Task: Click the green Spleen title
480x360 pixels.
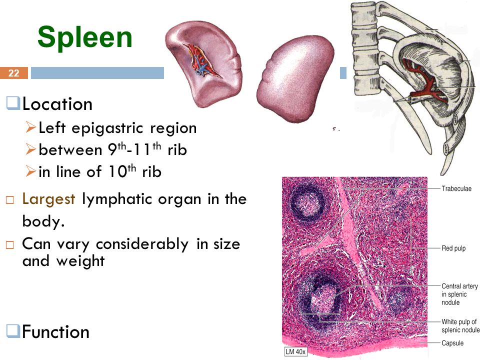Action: click(85, 37)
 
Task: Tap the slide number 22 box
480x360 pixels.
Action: click(14, 73)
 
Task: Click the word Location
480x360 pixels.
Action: click(57, 104)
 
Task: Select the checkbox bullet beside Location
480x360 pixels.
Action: click(13, 103)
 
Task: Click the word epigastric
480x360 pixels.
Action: click(107, 128)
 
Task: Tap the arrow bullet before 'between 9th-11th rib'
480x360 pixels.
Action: click(31, 149)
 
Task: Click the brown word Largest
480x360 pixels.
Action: click(48, 199)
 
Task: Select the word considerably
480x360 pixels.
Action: click(142, 244)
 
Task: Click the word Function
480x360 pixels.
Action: click(55, 332)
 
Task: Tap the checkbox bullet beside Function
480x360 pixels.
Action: click(13, 331)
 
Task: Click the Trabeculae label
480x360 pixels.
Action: click(456, 188)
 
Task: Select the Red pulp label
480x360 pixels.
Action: click(453, 248)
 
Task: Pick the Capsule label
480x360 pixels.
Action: click(452, 343)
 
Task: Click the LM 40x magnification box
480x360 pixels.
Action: click(295, 351)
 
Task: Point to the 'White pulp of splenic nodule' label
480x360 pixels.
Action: click(460, 325)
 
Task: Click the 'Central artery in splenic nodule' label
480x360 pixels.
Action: click(459, 294)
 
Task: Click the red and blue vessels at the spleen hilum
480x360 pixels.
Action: click(201, 60)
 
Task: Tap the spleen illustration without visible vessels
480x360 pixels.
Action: click(295, 78)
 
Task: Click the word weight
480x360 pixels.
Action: click(80, 261)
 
